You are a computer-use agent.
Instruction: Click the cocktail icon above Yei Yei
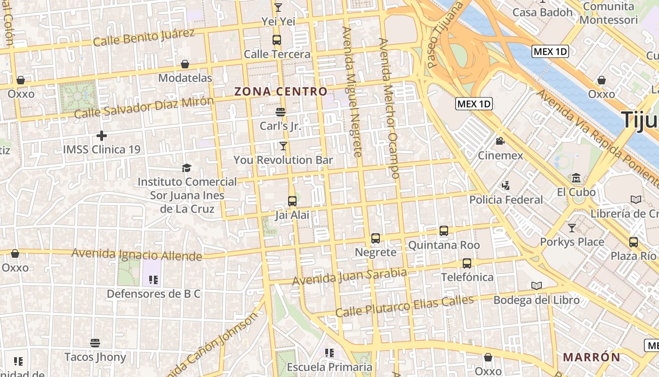click(x=278, y=8)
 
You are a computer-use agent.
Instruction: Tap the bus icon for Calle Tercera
click(x=277, y=40)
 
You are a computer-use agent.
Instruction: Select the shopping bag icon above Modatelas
click(x=185, y=64)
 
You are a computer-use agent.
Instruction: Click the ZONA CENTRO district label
click(x=281, y=91)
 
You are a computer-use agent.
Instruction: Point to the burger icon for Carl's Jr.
click(x=281, y=112)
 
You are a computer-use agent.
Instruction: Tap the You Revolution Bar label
click(x=283, y=160)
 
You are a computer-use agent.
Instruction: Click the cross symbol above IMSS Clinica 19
click(x=102, y=136)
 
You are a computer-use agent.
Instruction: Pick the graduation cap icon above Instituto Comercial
click(x=187, y=168)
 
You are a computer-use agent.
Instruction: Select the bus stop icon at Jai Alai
click(x=292, y=201)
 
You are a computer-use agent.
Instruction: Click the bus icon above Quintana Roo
click(x=444, y=231)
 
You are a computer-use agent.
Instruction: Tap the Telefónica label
click(x=467, y=277)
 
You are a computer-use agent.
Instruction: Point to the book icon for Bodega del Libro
click(x=536, y=286)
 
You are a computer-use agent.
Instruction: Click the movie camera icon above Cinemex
click(x=500, y=141)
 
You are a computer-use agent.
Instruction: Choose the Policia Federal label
click(x=506, y=200)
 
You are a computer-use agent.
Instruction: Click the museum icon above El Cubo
click(x=576, y=179)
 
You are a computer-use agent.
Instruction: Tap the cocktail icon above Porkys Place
click(x=571, y=228)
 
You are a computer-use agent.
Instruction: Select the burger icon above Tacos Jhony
click(x=96, y=343)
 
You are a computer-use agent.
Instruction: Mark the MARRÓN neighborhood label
click(x=592, y=357)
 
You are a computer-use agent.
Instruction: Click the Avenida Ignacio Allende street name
click(x=137, y=254)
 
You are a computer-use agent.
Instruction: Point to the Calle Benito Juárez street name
click(x=144, y=37)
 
